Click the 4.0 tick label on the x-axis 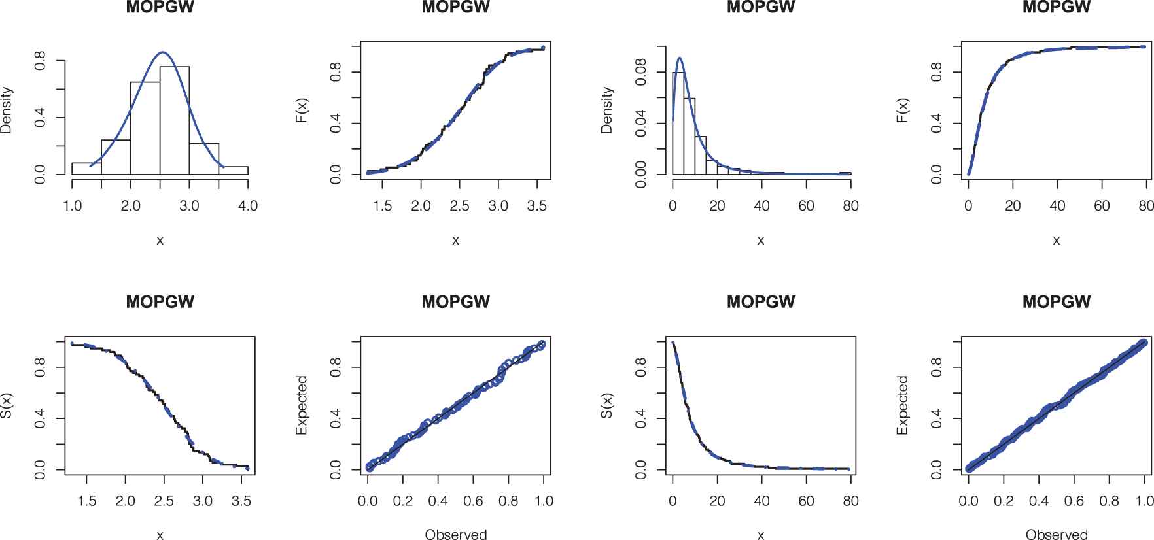click(248, 206)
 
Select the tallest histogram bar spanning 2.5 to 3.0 click(175, 121)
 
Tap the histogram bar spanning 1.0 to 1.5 click(86, 169)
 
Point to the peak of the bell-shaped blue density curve click(163, 52)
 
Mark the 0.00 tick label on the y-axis click(641, 174)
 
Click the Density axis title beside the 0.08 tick click(607, 110)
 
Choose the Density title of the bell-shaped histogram click(7, 110)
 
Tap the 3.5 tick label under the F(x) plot click(536, 206)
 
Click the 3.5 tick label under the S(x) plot click(241, 501)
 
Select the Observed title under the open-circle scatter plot click(456, 534)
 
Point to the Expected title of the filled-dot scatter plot click(903, 405)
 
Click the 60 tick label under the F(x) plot click(1102, 206)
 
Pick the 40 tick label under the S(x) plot click(761, 501)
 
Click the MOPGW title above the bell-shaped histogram click(160, 8)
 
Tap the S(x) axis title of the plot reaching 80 click(607, 405)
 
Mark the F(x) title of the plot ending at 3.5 click(302, 110)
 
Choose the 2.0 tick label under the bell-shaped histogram click(131, 206)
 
